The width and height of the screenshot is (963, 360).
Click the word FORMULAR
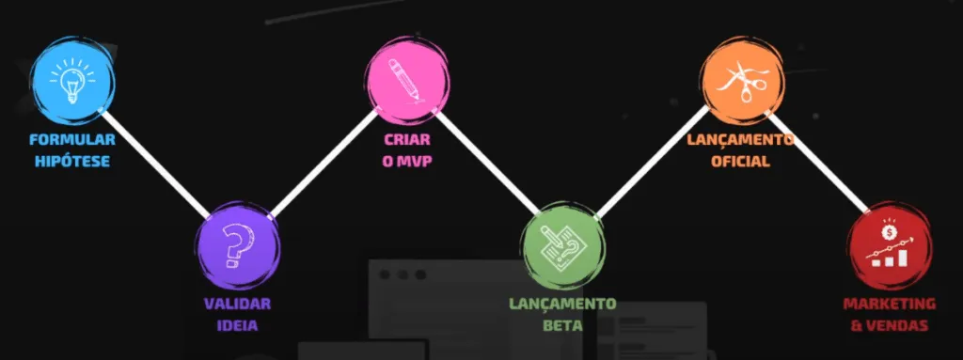point(71,140)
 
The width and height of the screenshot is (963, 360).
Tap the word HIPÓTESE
point(71,161)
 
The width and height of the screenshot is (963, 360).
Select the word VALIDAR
point(237,305)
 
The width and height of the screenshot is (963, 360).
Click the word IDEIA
point(237,326)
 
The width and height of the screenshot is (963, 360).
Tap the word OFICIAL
point(740,161)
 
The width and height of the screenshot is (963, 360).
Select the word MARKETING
point(889,305)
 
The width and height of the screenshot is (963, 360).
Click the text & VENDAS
point(889,326)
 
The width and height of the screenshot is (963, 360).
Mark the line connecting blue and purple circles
point(155,163)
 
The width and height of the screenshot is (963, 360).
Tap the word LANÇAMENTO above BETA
point(562,305)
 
